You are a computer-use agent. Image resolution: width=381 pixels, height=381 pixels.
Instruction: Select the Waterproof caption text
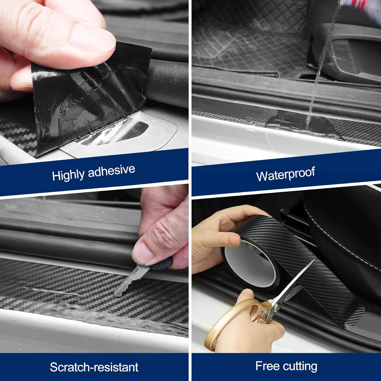[285, 174]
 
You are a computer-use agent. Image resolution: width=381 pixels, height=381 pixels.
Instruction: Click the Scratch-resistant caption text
[94, 367]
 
